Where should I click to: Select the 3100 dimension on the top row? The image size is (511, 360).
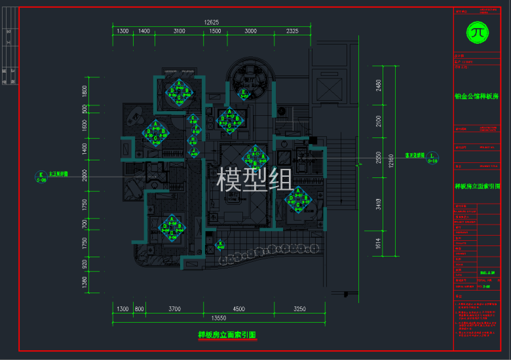coord(179,31)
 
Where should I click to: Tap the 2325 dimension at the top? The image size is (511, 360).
coord(293,31)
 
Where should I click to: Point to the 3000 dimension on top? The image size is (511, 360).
coord(250,31)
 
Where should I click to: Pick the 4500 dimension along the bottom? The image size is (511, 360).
coord(238,308)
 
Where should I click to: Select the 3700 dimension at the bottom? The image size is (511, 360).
coord(174,308)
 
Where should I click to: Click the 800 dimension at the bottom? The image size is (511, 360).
coord(139,308)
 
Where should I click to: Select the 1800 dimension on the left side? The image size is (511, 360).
coord(85,91)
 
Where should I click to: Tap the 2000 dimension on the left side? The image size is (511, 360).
coord(85,175)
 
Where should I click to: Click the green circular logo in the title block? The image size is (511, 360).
coord(477,31)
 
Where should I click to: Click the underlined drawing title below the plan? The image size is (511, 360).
coord(227,335)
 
